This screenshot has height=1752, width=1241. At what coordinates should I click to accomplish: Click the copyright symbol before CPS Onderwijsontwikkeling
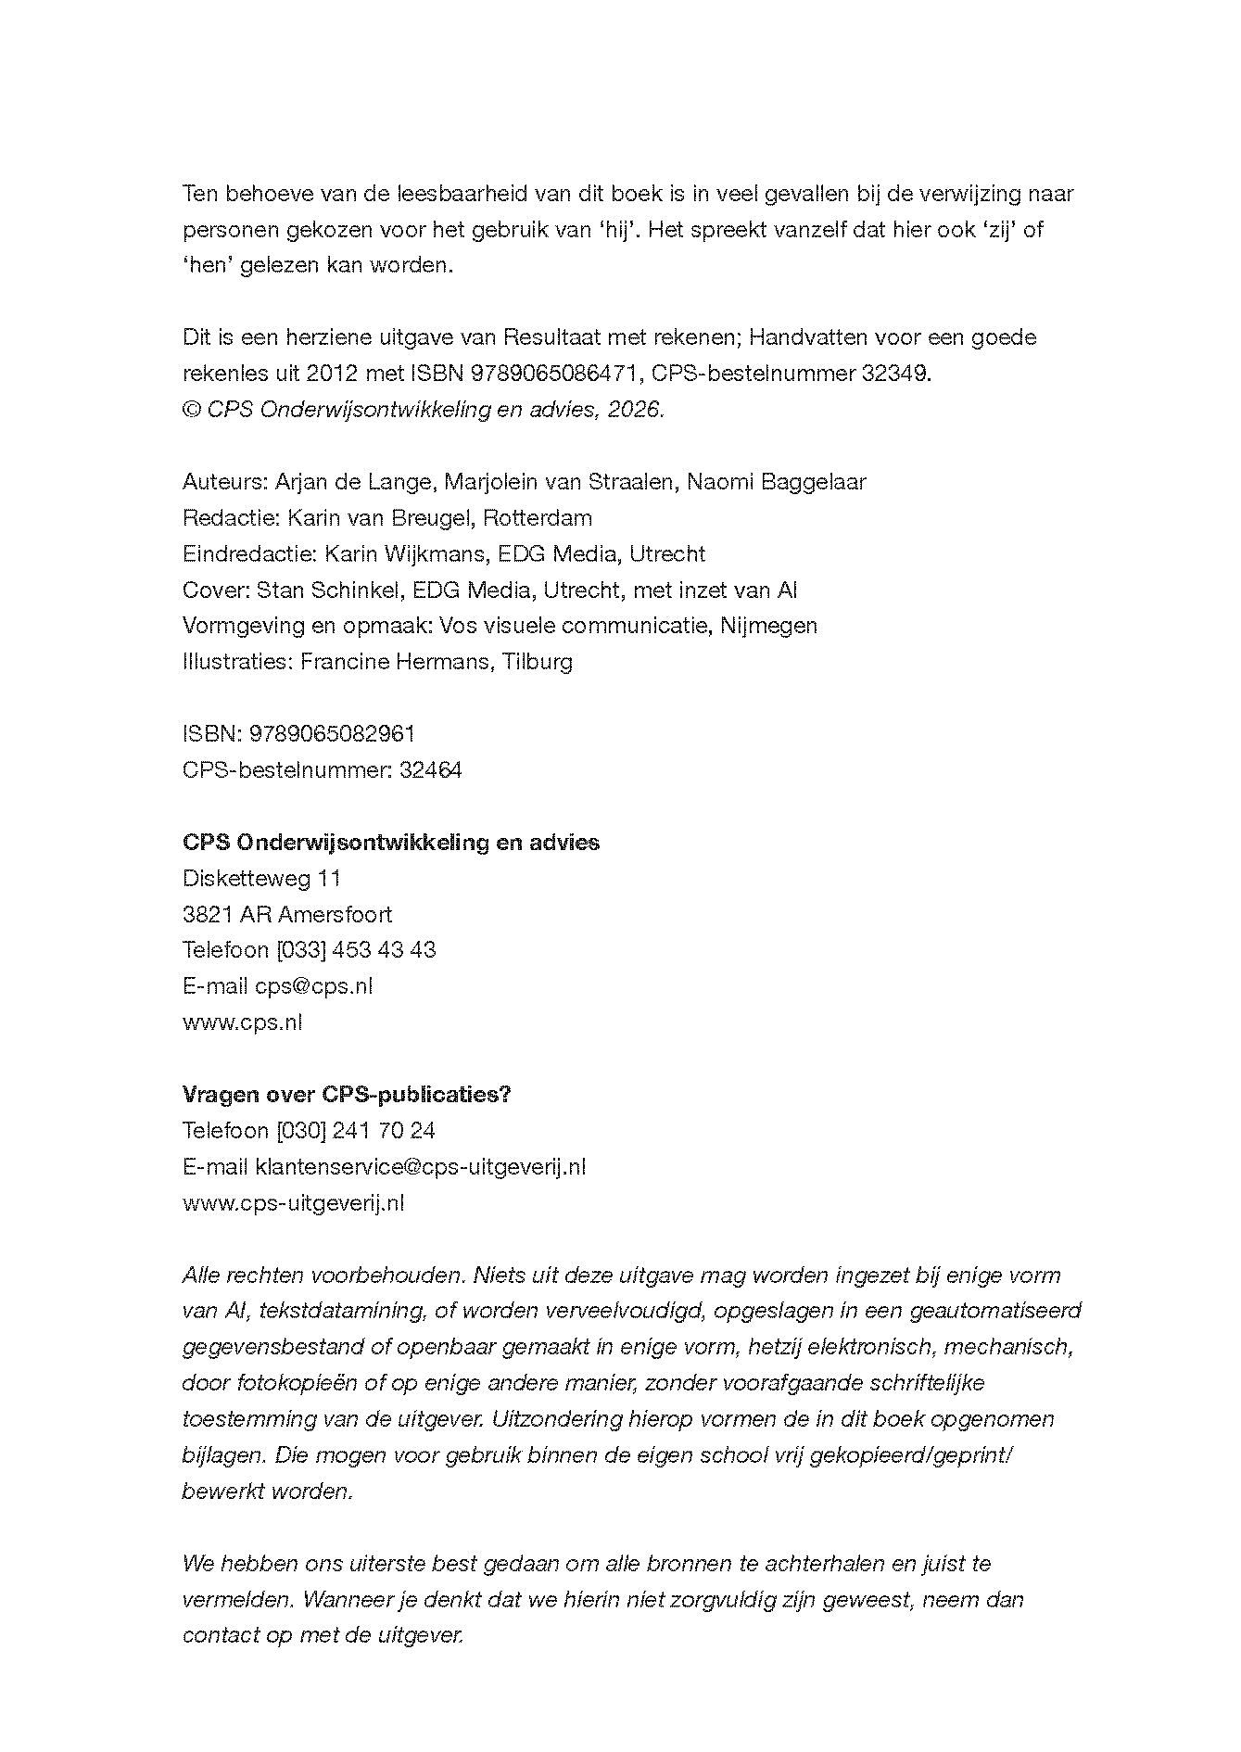coord(191,410)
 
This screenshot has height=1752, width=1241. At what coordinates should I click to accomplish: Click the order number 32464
coord(430,769)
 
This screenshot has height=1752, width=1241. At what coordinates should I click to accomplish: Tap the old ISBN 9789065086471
coord(555,374)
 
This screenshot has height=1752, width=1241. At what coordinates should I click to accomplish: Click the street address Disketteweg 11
coord(261,878)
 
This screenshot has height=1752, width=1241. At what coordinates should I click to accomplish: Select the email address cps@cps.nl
coord(313,985)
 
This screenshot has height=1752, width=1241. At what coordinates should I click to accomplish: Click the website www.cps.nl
coord(242,1022)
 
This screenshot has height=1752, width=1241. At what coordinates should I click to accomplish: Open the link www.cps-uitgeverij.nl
coord(293,1202)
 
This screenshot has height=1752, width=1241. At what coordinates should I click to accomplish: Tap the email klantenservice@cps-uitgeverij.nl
coord(420,1166)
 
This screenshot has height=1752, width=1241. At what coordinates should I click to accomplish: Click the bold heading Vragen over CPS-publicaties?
coord(347,1094)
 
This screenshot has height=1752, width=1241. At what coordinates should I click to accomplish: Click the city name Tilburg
coord(538,662)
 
